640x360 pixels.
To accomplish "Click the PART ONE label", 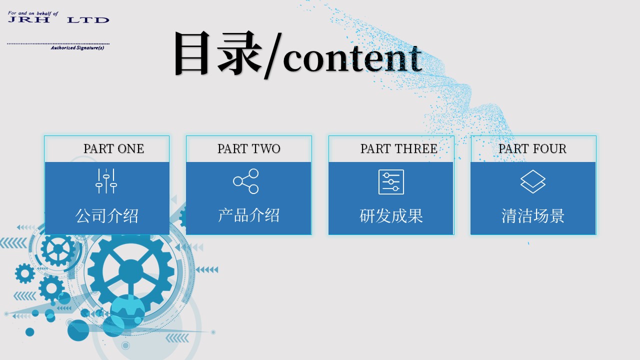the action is tap(113, 148).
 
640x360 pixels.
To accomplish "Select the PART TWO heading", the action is tap(249, 148).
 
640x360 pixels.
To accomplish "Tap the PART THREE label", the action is tap(399, 148).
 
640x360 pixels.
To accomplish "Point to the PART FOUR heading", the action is tap(532, 148).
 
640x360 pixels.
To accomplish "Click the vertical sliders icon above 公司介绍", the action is tap(106, 181).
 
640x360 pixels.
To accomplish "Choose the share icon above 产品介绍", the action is tap(245, 181).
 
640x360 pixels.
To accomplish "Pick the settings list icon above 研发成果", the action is tap(391, 182).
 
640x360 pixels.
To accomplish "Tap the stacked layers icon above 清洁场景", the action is tap(533, 181).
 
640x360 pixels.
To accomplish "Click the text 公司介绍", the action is tap(107, 216).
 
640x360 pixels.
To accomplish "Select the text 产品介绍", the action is tap(248, 215).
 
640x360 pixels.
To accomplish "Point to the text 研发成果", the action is tap(391, 216).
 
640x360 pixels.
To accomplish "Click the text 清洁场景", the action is tap(533, 216).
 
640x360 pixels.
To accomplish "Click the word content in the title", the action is tap(352, 58).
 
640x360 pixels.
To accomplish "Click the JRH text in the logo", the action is tap(29, 19).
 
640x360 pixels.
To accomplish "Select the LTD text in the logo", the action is tap(88, 20).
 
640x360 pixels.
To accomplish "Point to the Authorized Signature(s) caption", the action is tap(77, 47).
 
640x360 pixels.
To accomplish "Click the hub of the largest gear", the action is tap(131, 271).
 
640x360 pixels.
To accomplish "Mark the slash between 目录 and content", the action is tap(273, 56).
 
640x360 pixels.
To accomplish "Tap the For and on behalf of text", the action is tap(33, 13).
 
